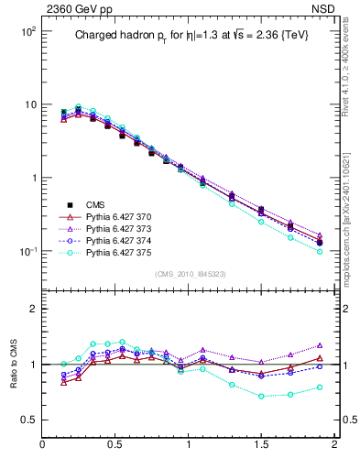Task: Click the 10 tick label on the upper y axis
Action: [x=28, y=104]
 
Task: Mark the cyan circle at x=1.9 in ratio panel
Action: [x=320, y=387]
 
